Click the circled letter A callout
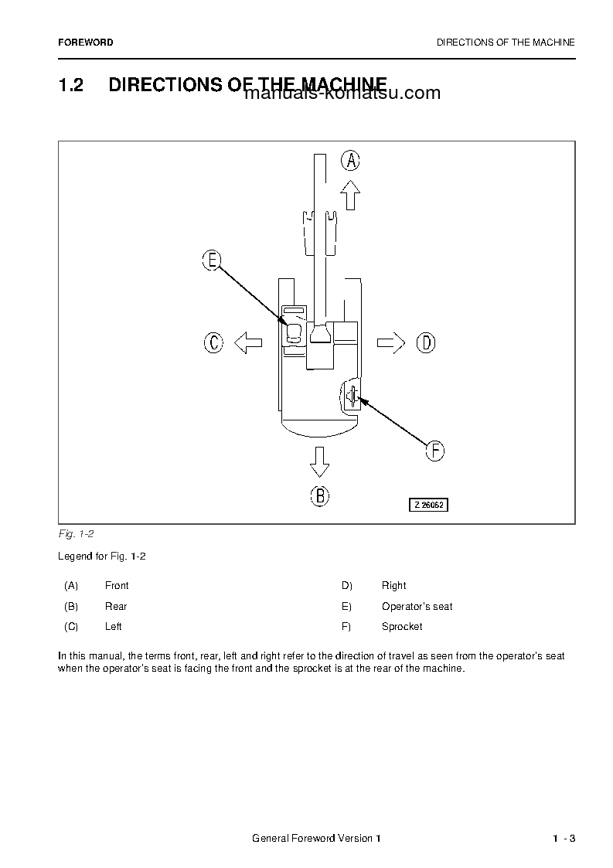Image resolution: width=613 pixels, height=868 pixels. coord(351,161)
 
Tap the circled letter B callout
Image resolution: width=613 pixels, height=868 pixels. coord(319,495)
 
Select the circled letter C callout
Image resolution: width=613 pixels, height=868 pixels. coord(213,342)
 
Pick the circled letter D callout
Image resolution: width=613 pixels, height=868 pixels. coord(426,342)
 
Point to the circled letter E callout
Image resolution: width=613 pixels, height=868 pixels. coord(212,260)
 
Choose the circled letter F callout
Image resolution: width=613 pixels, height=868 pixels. coord(435,451)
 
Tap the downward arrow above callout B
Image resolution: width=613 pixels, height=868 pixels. coord(319,461)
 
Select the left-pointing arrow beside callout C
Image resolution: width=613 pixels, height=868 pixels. coord(248,342)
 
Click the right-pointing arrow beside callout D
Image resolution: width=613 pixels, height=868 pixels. coord(391,342)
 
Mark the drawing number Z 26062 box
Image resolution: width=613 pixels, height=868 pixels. coord(429,505)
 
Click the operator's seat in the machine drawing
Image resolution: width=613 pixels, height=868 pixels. coord(294,333)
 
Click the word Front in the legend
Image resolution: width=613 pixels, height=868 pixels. coord(117,586)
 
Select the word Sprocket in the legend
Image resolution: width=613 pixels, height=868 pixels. coord(402,627)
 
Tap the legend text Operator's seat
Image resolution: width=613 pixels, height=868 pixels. coord(417,607)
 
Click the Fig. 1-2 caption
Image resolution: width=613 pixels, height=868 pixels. coord(76,534)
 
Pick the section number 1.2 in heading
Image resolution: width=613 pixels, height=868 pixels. coord(70,85)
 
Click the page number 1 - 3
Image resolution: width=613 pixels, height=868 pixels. coord(564,839)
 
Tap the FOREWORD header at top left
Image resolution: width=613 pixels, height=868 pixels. coord(85,43)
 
